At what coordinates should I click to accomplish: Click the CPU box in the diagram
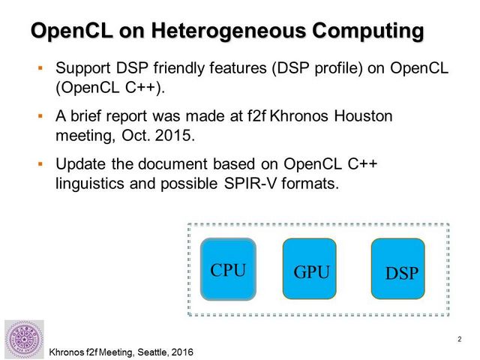click(x=228, y=269)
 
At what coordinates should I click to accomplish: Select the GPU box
click(x=310, y=268)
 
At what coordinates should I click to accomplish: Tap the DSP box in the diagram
click(x=398, y=268)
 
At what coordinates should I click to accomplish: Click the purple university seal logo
click(x=24, y=339)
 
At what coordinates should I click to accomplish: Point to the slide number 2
click(x=460, y=339)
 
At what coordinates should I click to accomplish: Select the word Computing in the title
click(x=368, y=31)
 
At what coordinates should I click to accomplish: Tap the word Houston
click(x=363, y=116)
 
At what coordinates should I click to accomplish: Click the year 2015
click(x=175, y=135)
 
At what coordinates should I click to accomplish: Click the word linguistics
click(x=90, y=184)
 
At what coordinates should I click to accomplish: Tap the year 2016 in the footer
click(x=182, y=352)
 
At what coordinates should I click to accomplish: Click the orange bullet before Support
click(x=40, y=67)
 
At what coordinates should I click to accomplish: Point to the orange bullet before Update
click(x=40, y=164)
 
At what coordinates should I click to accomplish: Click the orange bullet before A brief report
click(x=40, y=116)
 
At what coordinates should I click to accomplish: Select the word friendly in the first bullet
click(x=179, y=68)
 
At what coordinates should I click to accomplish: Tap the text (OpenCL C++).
click(x=110, y=88)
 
